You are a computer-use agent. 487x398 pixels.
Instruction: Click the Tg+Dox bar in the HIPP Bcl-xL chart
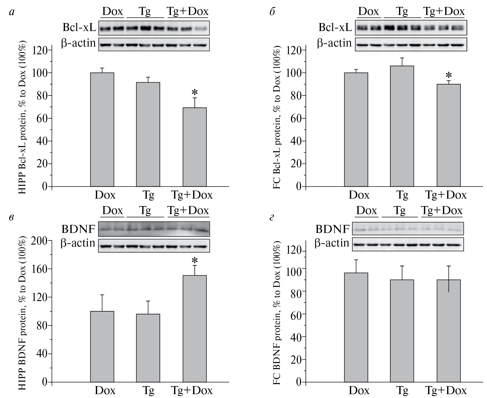194,147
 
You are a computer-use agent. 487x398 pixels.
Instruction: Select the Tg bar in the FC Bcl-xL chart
402,126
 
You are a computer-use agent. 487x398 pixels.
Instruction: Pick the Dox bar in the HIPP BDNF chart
102,346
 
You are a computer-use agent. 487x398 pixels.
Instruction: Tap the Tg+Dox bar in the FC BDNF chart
448,331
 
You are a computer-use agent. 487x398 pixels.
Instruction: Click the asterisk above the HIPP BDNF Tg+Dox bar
195,260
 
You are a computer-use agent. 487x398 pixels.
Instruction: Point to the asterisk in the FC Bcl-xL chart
449,75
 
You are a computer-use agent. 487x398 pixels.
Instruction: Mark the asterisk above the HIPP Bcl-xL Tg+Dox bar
195,93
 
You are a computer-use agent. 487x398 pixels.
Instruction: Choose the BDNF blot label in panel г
332,229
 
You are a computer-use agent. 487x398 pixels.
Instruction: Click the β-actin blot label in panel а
78,43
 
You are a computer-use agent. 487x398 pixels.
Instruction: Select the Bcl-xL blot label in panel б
335,27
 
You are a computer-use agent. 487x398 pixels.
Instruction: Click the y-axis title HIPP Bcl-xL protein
22,118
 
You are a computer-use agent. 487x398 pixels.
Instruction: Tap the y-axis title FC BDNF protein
277,313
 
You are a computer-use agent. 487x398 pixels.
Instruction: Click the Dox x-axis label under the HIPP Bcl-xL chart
105,195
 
